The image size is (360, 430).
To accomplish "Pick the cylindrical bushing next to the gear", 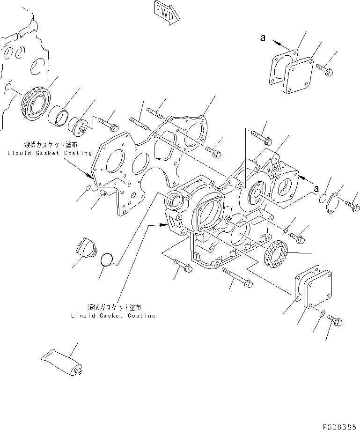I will pos(58,116).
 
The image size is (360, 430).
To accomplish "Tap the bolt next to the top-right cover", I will pos(325,70).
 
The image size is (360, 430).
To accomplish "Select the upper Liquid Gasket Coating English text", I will pos(49,153).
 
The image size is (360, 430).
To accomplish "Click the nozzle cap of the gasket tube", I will pos(80,373).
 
